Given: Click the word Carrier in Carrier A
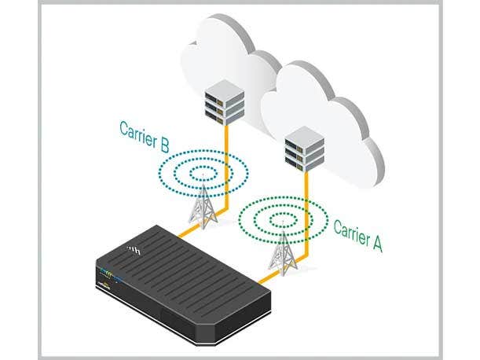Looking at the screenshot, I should click(x=351, y=230).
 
